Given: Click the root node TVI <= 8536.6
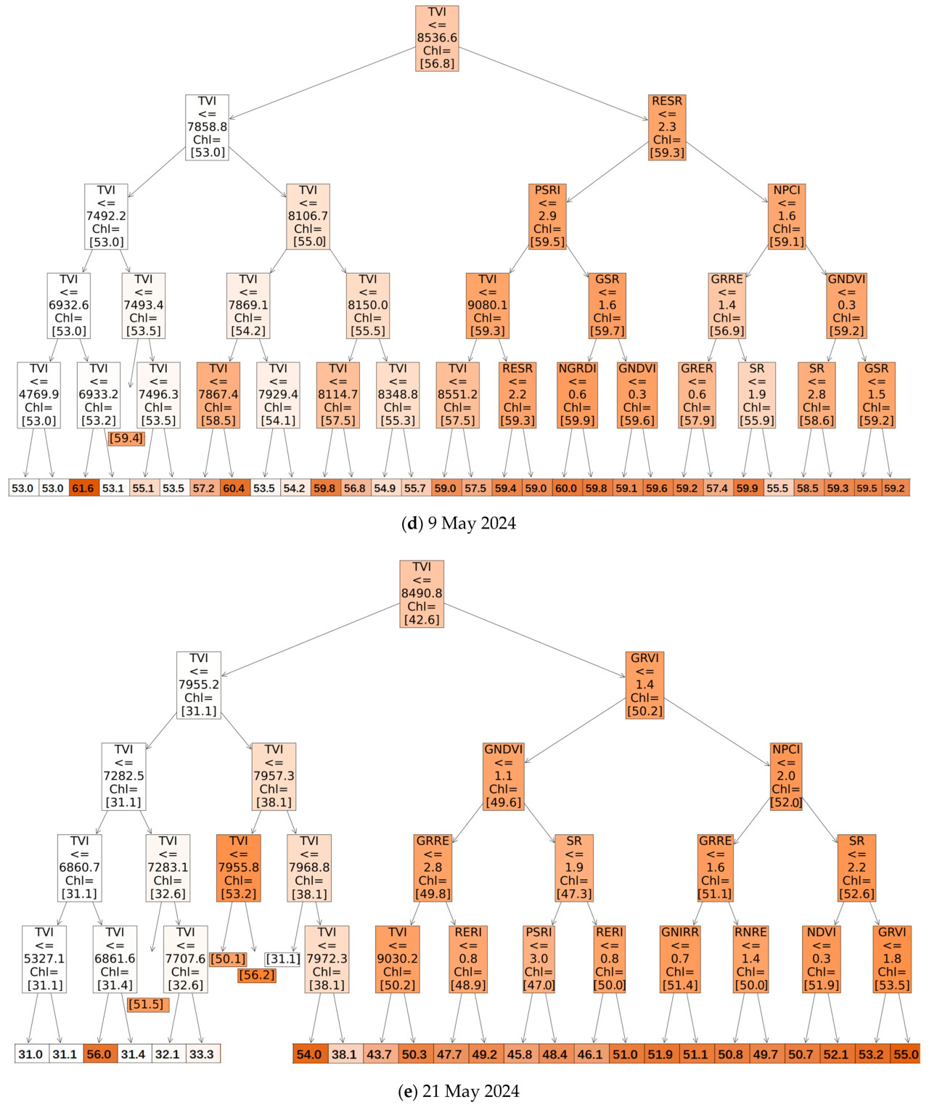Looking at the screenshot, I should (437, 38).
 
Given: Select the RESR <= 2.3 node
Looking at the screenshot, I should (667, 127).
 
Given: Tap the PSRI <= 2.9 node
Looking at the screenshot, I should (547, 216).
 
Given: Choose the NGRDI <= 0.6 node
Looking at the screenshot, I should (577, 395).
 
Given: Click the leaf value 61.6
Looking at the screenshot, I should (83, 488).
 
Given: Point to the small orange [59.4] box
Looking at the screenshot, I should (126, 438).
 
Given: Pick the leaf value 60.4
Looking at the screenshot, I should (234, 488).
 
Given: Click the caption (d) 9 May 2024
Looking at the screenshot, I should (459, 523).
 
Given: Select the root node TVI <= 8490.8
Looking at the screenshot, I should (422, 593).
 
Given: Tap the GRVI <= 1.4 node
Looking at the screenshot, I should (644, 685).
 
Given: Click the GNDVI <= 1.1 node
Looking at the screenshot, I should (503, 776).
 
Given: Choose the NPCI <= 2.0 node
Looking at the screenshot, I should (786, 776).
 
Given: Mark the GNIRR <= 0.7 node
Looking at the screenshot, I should (680, 959).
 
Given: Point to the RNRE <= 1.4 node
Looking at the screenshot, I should (750, 959).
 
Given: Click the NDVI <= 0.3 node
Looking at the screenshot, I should (821, 959).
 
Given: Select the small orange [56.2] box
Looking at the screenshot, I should (257, 975).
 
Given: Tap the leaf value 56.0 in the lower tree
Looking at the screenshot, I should (99, 1054).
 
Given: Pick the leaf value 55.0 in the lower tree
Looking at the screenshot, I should (906, 1054).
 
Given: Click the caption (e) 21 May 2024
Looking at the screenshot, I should (459, 1091).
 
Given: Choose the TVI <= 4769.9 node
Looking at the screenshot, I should (39, 395).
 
